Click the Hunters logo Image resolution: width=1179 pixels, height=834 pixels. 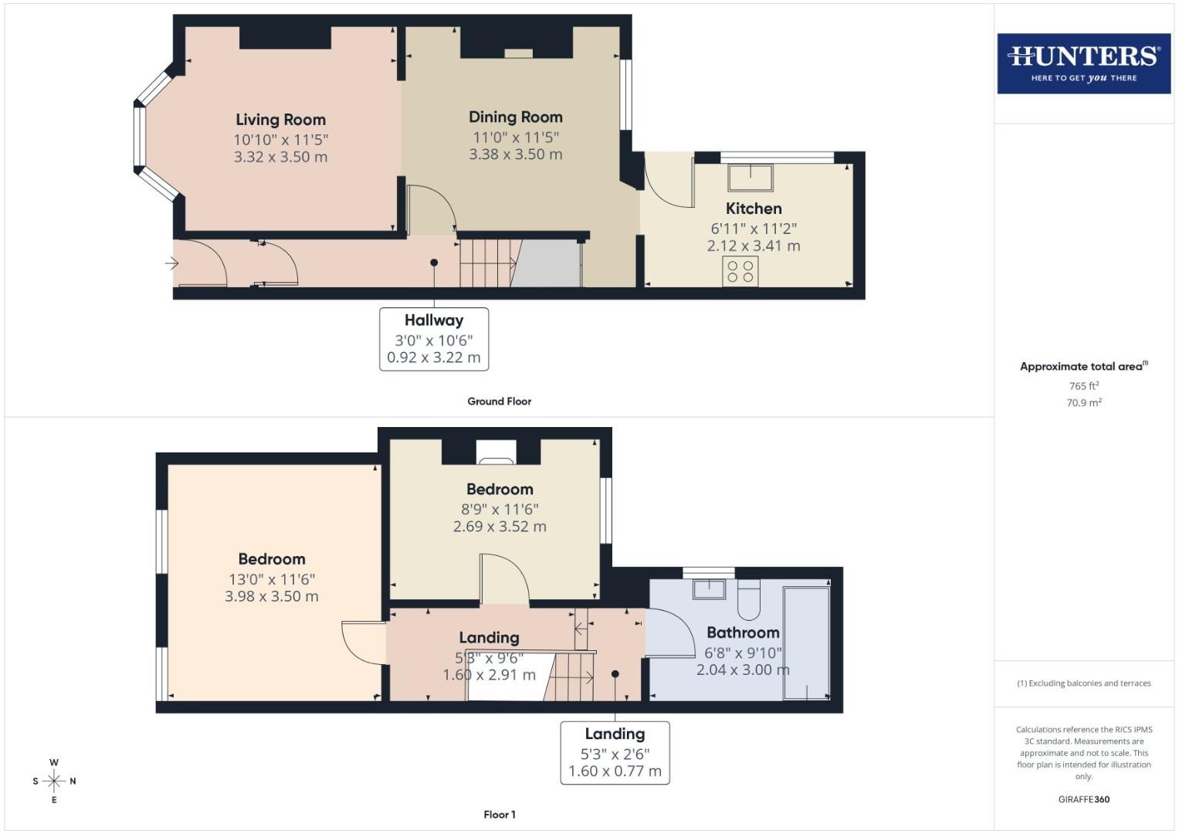pos(1084,63)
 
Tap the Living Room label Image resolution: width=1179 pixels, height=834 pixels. pos(280,120)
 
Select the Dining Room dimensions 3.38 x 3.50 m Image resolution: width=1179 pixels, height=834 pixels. pos(515,154)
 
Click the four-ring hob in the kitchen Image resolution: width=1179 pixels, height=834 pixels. pos(740,271)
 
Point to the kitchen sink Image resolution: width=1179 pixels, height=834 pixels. pos(750,178)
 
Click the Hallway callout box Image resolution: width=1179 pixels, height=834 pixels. pos(434,339)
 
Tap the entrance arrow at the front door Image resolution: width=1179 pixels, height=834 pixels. pos(171,263)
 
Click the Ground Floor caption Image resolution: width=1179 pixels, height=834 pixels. pos(499,402)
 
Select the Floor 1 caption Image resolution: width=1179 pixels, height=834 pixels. pos(500,815)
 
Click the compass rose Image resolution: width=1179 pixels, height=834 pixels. pos(54,781)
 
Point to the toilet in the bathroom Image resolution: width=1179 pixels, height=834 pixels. pos(748,600)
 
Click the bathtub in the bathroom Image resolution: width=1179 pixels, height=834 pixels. pos(806,642)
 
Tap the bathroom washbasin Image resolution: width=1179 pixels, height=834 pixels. pos(709,589)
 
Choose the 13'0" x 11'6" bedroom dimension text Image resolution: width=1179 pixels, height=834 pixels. pos(272,580)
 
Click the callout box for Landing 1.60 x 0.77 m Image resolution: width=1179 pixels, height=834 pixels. pos(615,753)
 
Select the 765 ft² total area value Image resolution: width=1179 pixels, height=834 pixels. pos(1084,386)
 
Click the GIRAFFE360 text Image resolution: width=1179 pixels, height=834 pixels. pos(1084,799)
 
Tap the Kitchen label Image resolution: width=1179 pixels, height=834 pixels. pos(754,208)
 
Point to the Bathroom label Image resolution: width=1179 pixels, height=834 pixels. pos(743,632)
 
